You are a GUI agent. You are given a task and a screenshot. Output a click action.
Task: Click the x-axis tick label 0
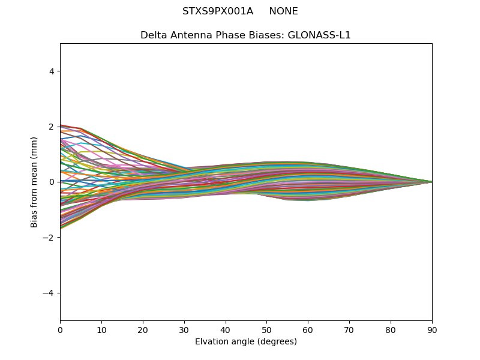click(x=60, y=329)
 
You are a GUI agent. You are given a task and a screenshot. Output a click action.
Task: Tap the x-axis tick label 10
click(x=101, y=329)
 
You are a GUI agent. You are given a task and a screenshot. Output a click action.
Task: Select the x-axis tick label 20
click(x=143, y=329)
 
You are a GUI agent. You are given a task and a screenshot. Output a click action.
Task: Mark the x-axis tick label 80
click(x=391, y=329)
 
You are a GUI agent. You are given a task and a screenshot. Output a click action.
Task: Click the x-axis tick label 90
click(x=432, y=329)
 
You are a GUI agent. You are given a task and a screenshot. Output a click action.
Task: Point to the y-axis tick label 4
click(x=52, y=71)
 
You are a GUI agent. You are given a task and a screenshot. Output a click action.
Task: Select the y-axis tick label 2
click(x=52, y=127)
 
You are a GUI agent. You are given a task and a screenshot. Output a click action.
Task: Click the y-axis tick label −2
click(x=50, y=238)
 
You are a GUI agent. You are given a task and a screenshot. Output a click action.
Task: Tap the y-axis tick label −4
click(x=50, y=293)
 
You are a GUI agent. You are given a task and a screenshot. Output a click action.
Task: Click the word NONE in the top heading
click(x=283, y=11)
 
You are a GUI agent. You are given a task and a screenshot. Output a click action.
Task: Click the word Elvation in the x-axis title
click(x=211, y=341)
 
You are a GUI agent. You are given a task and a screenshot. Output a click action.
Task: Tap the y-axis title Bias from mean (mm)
click(x=35, y=182)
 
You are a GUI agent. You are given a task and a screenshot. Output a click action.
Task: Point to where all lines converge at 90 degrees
click(x=431, y=182)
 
